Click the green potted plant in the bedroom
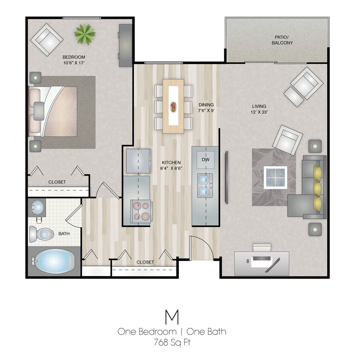tap(84, 34)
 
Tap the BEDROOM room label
tap(74, 57)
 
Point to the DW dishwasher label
tap(205, 160)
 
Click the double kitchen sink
tap(205, 186)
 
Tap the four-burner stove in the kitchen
tap(141, 211)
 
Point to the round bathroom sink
tap(38, 208)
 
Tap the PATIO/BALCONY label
tap(282, 40)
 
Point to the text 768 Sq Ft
tap(172, 341)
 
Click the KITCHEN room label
tap(171, 163)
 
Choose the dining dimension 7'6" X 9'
tap(206, 110)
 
